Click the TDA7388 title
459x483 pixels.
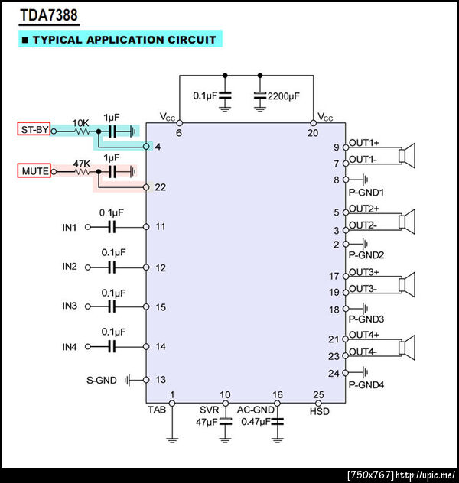click(48, 15)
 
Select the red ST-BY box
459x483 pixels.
click(34, 131)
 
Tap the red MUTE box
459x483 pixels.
click(34, 172)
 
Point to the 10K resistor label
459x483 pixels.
click(80, 122)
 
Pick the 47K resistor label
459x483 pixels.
click(81, 164)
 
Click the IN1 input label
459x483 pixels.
click(70, 227)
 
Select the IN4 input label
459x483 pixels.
click(70, 347)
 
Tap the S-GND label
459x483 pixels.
click(102, 380)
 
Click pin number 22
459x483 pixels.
click(159, 186)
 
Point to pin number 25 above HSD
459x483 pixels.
click(319, 395)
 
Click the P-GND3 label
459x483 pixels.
click(366, 319)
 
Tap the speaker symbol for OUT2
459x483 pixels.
click(409, 220)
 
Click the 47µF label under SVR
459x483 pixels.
click(207, 422)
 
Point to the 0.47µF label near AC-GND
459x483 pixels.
click(254, 422)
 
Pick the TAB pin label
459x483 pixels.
click(157, 410)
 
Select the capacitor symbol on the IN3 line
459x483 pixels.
click(112, 306)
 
